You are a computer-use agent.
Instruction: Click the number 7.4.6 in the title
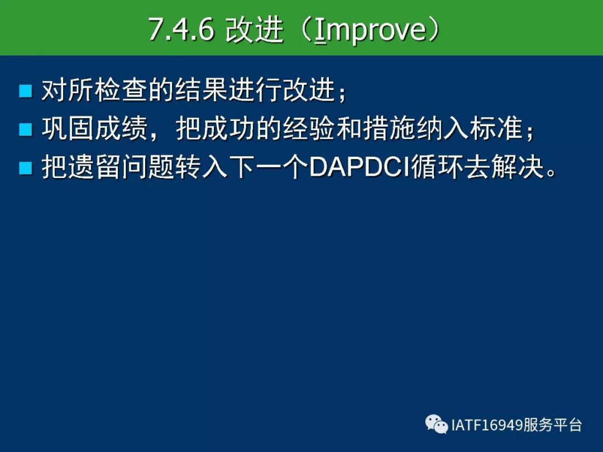click(181, 29)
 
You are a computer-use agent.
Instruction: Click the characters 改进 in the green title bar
click(254, 30)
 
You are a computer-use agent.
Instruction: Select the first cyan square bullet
click(25, 91)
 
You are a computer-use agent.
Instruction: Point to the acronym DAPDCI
click(360, 167)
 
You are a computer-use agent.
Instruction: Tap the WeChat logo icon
click(437, 424)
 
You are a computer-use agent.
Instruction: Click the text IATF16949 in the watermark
click(487, 425)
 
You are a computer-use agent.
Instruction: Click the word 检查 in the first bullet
click(122, 90)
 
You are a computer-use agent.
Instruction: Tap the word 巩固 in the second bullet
click(68, 128)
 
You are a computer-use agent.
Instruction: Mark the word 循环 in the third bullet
click(438, 167)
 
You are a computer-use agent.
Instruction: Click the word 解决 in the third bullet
click(518, 167)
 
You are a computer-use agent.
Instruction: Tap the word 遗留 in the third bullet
click(95, 167)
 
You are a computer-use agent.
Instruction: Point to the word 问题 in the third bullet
click(149, 167)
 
